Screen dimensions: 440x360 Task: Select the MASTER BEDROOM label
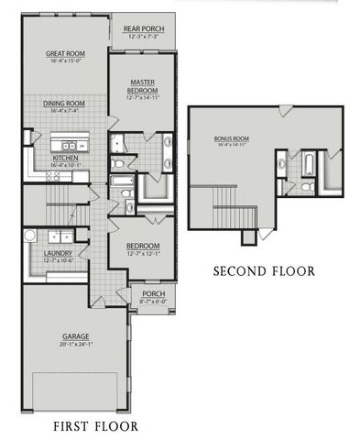click(x=141, y=86)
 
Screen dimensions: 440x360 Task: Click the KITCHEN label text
click(x=64, y=159)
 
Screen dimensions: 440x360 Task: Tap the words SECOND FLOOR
click(x=264, y=271)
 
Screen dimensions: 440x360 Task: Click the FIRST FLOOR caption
click(x=95, y=426)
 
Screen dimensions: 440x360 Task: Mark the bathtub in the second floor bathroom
click(x=309, y=166)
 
